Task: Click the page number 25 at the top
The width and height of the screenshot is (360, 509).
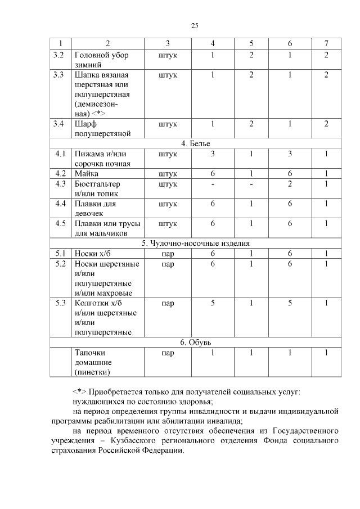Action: (x=195, y=25)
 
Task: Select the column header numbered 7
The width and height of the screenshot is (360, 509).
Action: (x=326, y=44)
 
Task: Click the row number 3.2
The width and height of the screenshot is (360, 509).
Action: (x=58, y=55)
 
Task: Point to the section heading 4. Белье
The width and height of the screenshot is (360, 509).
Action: (x=195, y=143)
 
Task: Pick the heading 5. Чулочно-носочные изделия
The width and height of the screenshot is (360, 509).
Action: (x=195, y=244)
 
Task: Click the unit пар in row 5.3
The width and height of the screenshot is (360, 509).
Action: (x=168, y=303)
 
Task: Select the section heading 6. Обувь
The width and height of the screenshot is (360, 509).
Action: (x=195, y=343)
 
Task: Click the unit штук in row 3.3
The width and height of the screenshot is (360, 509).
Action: (x=168, y=75)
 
